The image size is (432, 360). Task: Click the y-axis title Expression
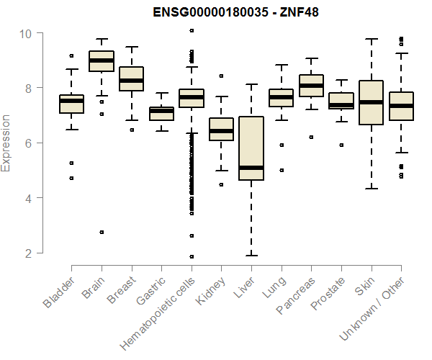point(6,143)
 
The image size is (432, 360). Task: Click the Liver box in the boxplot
point(251,148)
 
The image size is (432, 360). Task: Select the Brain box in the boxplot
point(102,61)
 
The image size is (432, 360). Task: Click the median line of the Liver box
point(251,168)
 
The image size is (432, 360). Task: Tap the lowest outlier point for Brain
point(102,232)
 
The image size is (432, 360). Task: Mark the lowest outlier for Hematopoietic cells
point(191,256)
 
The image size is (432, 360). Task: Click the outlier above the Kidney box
point(221,75)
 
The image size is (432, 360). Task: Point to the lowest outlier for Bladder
point(71,178)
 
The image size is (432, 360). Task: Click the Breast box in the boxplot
point(131,79)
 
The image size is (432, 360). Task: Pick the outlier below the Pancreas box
point(311,137)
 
